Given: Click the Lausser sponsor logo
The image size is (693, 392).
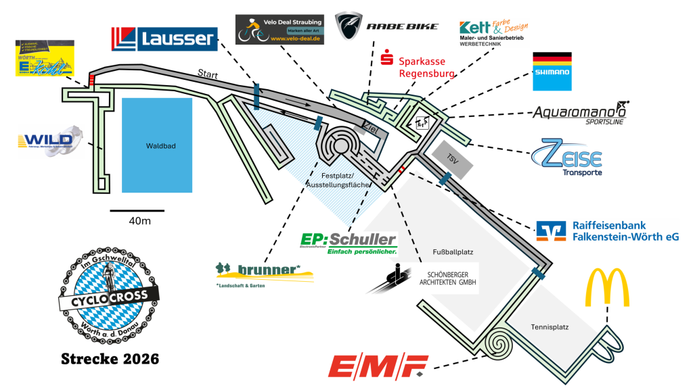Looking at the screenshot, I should [164, 39].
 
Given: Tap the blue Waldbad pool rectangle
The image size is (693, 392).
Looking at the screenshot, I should [157, 145].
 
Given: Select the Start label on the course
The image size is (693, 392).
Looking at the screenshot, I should [207, 73].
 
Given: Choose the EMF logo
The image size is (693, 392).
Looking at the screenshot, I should [378, 366].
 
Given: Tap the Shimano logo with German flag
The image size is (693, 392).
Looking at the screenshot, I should [552, 71].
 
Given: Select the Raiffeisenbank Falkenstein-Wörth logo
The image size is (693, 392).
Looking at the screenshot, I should [606, 230].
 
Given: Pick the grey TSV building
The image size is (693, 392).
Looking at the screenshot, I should [452, 157].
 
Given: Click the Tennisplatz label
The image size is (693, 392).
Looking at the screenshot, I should [549, 327].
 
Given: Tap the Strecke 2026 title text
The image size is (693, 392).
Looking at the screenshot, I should [110, 358].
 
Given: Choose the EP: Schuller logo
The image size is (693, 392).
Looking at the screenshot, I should [348, 244].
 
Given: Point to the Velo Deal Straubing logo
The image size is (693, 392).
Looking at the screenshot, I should [280, 30].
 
